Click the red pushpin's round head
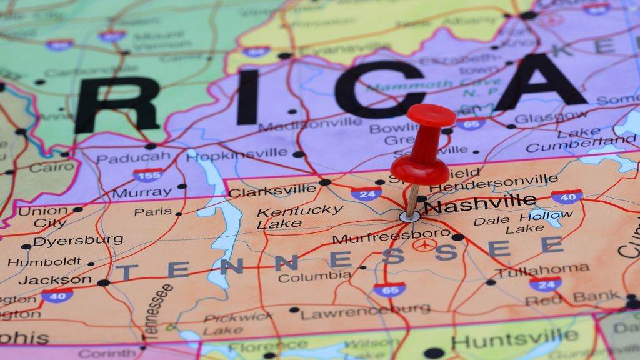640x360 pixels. (x=431, y=115)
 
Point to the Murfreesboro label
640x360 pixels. (x=391, y=237)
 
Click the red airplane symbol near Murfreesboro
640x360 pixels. (x=424, y=244)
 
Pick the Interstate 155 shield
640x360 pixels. (x=148, y=174)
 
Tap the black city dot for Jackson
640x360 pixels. (x=103, y=282)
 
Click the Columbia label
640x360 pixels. (x=314, y=277)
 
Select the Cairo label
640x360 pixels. (x=51, y=167)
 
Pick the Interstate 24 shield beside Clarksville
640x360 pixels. (x=366, y=194)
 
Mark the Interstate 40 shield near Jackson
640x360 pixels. (x=57, y=295)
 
